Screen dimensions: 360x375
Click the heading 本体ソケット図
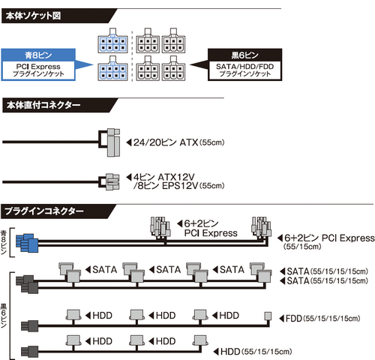pos(31,16)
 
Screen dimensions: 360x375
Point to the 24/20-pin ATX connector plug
pos(109,140)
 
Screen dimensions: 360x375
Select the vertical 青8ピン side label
pos(5,239)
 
